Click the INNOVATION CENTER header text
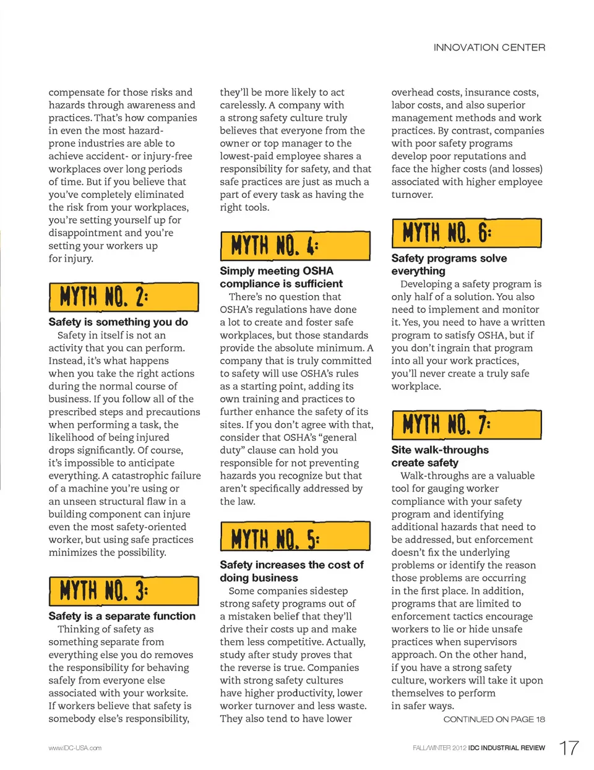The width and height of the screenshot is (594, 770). [x=489, y=48]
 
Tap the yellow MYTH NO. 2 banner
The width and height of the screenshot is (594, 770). [x=124, y=297]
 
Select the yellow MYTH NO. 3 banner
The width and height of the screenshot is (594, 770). [x=124, y=591]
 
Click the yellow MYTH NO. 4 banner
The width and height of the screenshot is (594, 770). [x=295, y=246]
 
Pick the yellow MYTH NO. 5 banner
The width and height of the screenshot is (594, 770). [x=295, y=537]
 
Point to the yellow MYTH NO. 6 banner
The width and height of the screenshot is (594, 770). [x=467, y=233]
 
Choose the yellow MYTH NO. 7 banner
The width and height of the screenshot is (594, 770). [x=467, y=425]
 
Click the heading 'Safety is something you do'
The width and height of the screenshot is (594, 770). [x=118, y=322]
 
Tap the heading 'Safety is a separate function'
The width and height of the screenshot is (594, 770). [x=122, y=616]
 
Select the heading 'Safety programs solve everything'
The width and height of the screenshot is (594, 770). [x=449, y=264]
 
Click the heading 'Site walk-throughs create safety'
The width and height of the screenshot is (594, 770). [x=439, y=456]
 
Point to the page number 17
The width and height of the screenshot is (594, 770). [x=569, y=748]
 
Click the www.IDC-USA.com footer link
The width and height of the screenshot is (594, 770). [x=75, y=748]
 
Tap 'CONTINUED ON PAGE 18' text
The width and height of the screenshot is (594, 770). [x=494, y=719]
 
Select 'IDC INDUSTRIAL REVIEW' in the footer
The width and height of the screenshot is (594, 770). [x=506, y=748]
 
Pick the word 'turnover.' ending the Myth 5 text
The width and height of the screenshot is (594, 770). [x=412, y=194]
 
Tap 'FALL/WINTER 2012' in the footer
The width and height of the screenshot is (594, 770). [x=439, y=748]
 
